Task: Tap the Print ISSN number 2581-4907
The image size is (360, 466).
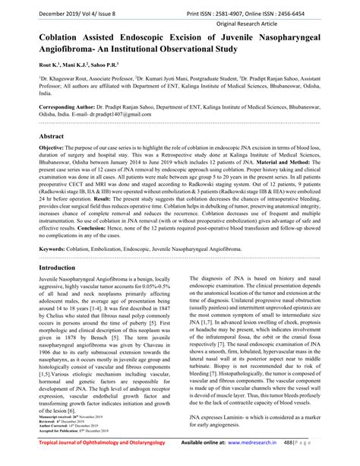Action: (x=257, y=9)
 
